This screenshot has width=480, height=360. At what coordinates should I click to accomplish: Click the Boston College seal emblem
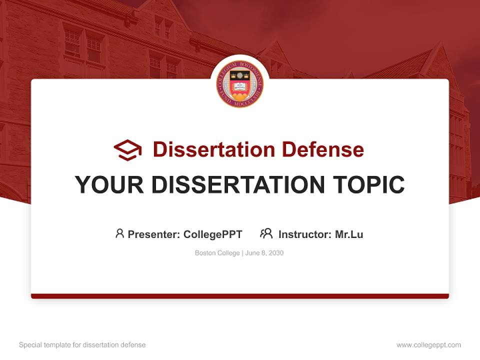(240, 84)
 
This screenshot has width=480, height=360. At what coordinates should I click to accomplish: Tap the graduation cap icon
(127, 149)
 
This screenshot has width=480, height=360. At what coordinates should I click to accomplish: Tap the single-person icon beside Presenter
(119, 233)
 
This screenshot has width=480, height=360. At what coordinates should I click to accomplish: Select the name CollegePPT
(213, 234)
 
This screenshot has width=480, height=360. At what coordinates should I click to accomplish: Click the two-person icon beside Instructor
(266, 233)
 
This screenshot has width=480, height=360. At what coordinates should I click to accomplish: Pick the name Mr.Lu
(349, 234)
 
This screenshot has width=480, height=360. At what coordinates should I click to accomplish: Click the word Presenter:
(154, 234)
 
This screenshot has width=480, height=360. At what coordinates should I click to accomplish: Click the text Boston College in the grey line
(217, 253)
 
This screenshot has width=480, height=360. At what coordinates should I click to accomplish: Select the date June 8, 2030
(264, 253)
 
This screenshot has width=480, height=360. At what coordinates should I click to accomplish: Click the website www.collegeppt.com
(428, 345)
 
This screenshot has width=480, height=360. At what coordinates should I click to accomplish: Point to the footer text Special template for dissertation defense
(82, 345)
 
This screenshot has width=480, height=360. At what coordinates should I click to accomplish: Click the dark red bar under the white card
(240, 296)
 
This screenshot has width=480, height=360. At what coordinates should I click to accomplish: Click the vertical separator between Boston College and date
(242, 253)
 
